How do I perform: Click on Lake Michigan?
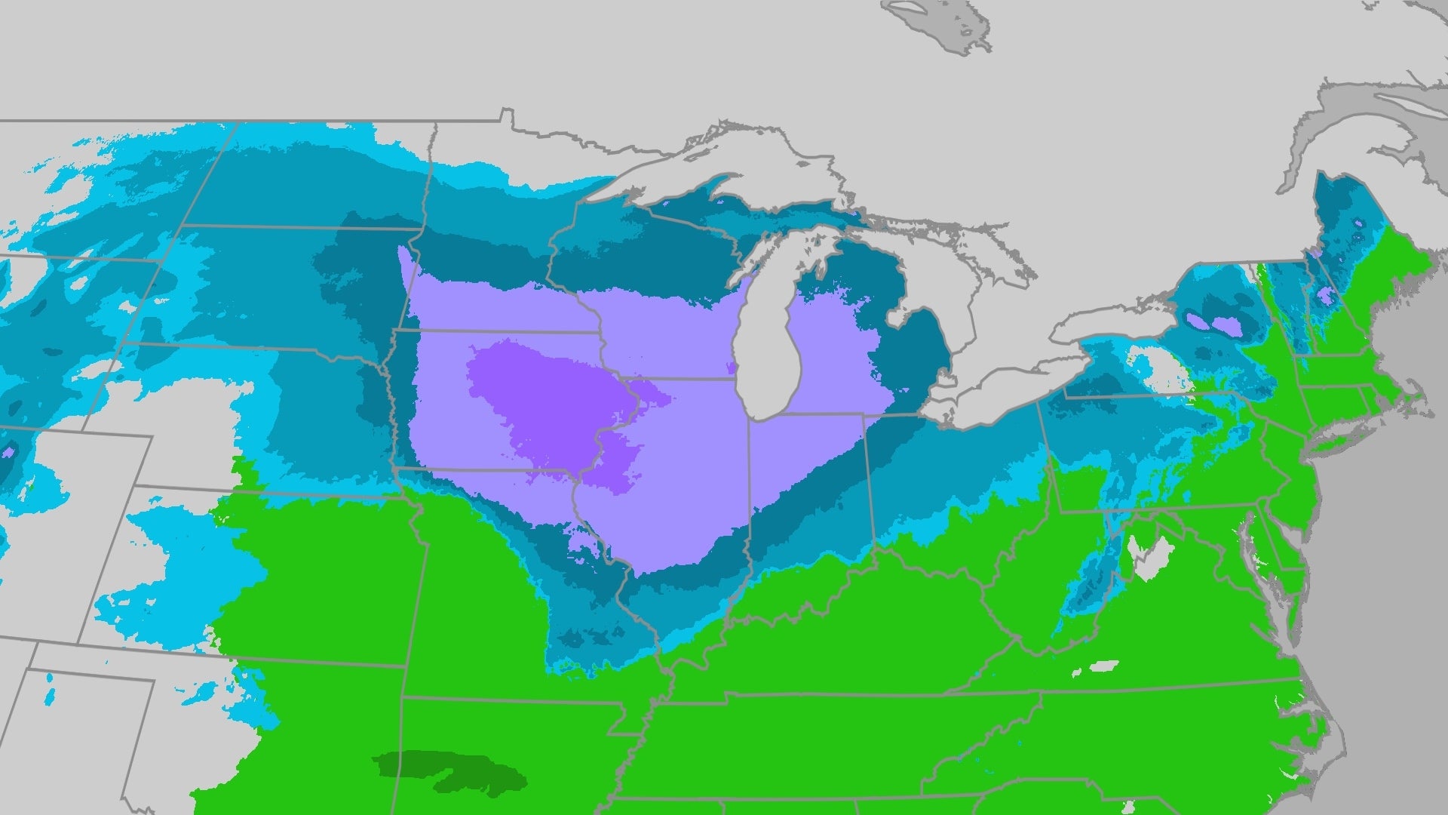pos(762,355)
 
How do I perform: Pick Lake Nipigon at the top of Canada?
pos(935,23)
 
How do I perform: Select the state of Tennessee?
pos(830,724)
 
